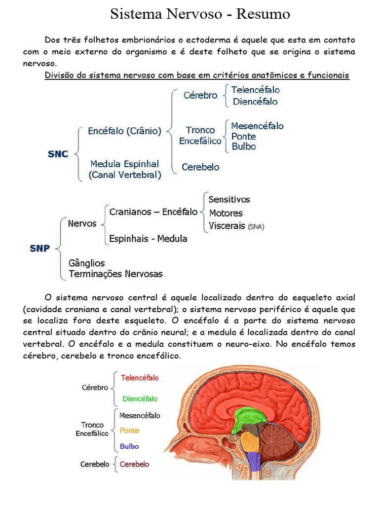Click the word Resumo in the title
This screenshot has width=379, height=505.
click(x=263, y=14)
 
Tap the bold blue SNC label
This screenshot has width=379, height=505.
click(x=58, y=154)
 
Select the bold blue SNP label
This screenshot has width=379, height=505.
click(x=40, y=248)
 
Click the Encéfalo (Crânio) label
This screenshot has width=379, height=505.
click(x=124, y=131)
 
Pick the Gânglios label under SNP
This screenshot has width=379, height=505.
click(x=87, y=263)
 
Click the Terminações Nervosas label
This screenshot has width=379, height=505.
click(x=115, y=274)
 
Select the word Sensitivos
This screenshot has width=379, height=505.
click(x=229, y=199)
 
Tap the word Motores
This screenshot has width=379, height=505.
click(x=226, y=213)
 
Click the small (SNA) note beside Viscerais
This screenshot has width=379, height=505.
click(x=256, y=227)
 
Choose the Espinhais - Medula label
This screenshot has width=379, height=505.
click(x=148, y=239)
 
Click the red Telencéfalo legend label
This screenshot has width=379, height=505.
click(x=140, y=378)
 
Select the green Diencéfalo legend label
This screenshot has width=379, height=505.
click(x=140, y=398)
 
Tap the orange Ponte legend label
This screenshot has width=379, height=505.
click(x=129, y=431)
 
